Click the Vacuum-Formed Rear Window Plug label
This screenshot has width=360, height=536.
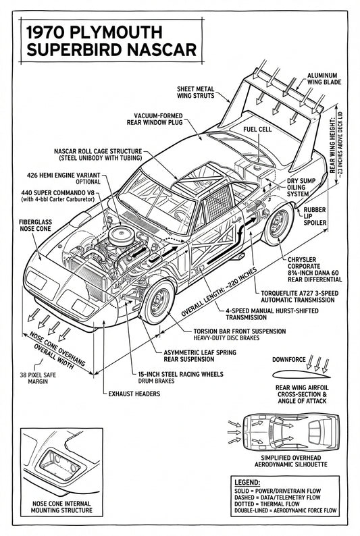coord(159,119)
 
